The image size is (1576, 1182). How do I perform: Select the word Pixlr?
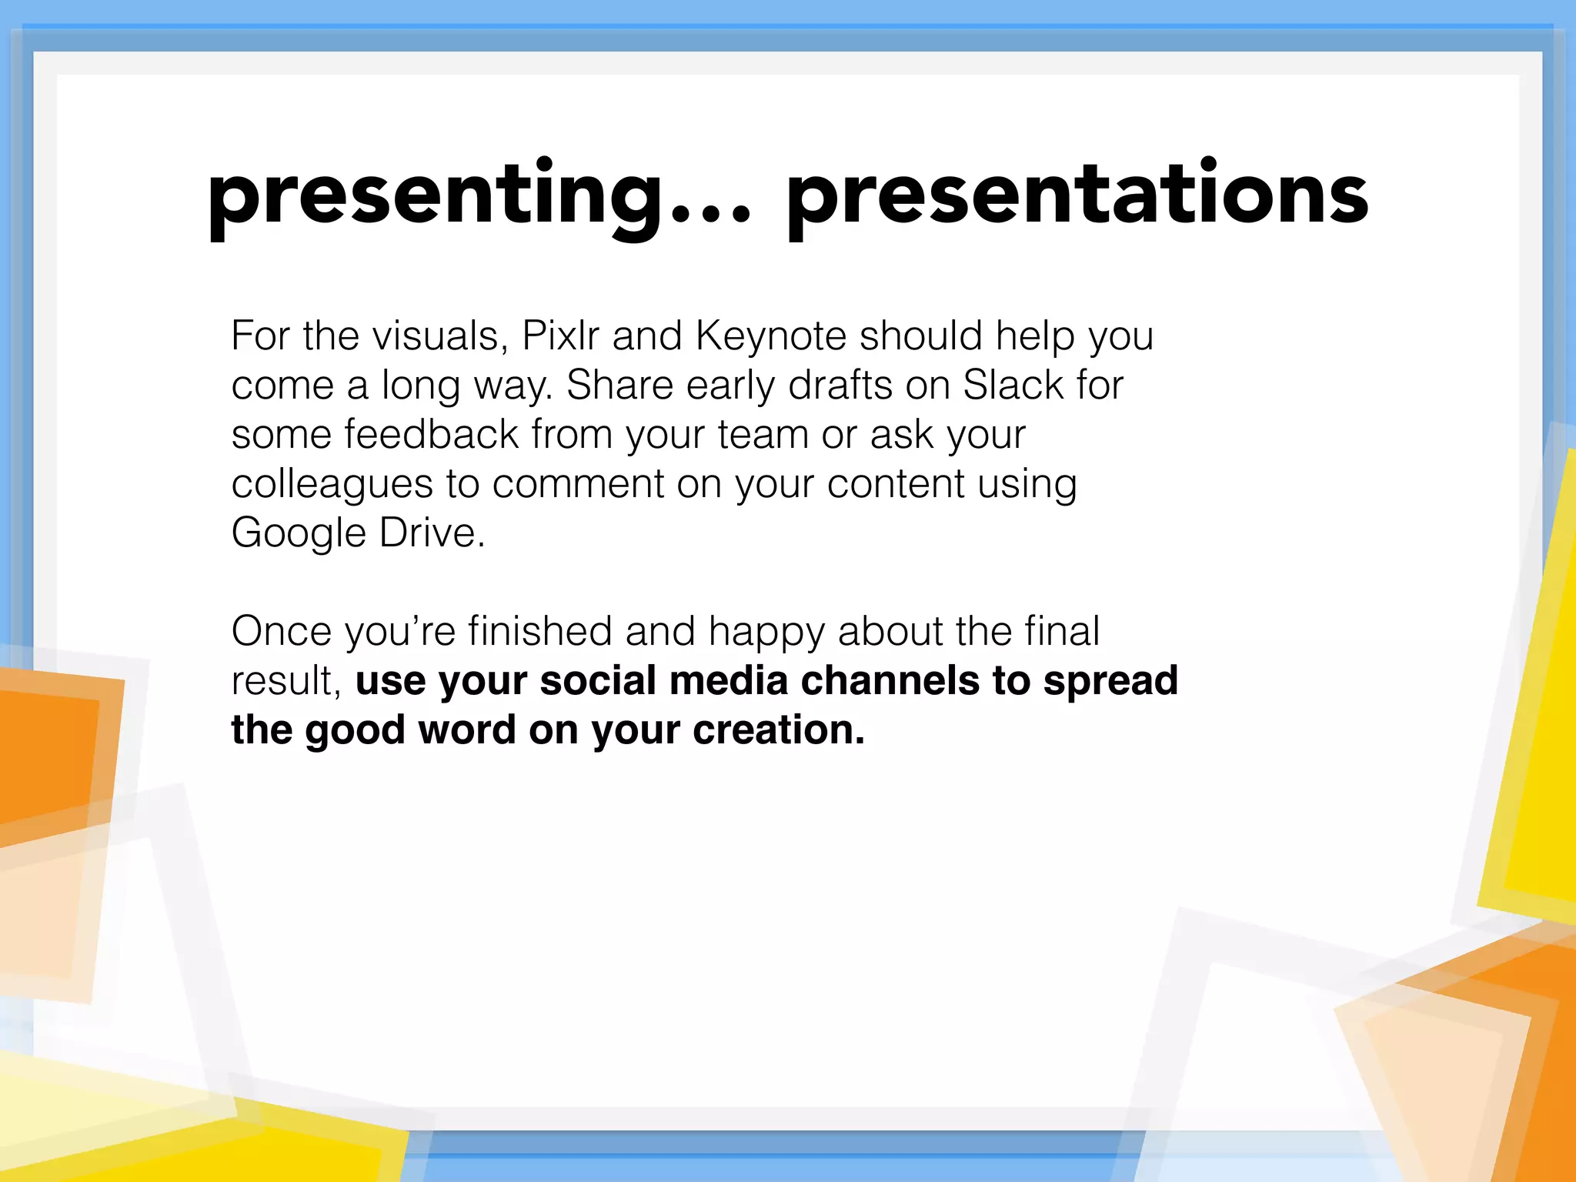pyautogui.click(x=560, y=336)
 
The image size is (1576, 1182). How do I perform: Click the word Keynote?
pyautogui.click(x=771, y=337)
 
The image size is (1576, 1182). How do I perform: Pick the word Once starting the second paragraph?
pyautogui.click(x=282, y=631)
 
